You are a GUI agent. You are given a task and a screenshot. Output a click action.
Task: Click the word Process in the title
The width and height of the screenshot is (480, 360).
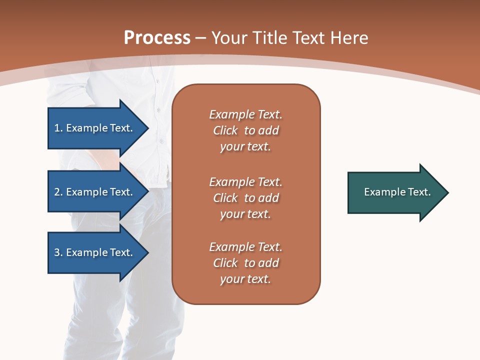click(157, 38)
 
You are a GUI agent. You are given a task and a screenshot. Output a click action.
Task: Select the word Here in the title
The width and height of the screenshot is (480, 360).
click(349, 38)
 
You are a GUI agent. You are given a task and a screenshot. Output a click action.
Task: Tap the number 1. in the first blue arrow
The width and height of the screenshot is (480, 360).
click(58, 128)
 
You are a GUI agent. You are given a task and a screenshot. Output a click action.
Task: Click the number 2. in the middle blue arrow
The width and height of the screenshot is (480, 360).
click(58, 192)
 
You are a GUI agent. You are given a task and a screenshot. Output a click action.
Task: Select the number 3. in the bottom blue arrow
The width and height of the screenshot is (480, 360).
click(58, 252)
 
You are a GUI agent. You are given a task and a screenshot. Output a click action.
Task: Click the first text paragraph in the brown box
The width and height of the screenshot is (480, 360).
click(245, 130)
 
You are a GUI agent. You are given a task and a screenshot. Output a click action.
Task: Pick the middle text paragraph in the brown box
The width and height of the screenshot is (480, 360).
click(245, 198)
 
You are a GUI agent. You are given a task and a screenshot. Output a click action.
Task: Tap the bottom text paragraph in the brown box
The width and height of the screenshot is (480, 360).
click(245, 263)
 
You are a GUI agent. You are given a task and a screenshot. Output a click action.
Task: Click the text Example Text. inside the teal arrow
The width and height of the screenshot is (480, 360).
click(397, 192)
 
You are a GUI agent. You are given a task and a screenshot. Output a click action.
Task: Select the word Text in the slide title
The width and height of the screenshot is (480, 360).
click(310, 38)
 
